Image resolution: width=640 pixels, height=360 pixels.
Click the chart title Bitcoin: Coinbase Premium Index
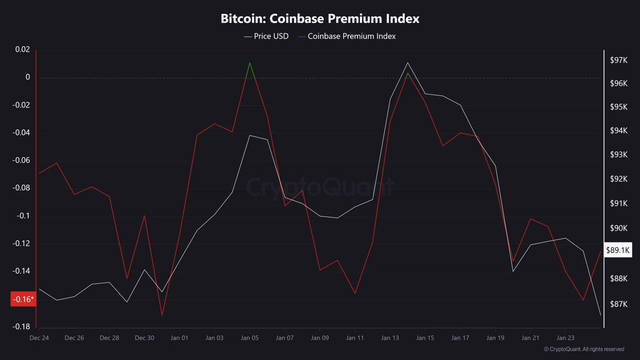pos(320,19)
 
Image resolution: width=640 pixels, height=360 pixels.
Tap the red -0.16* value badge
pos(23,299)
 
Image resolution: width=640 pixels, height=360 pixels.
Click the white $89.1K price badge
pos(618,250)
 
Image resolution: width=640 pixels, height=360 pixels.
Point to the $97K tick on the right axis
pos(618,60)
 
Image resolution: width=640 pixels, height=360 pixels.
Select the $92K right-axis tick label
pos(618,179)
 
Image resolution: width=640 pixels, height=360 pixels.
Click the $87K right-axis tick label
pos(618,304)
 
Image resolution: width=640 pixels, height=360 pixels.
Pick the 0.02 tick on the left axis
pos(22,49)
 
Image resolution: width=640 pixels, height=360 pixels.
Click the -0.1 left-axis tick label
pos(23,216)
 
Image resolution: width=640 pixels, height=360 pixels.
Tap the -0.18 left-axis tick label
pos(21,327)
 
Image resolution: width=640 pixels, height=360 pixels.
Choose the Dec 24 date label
pos(39,338)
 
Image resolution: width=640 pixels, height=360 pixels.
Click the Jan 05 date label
pos(250,338)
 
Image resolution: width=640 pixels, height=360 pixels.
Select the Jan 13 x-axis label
pos(390,338)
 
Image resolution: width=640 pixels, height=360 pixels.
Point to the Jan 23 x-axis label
pos(565,338)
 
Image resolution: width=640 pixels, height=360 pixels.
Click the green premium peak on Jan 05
pos(250,63)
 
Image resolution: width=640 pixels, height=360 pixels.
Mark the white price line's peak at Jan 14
pos(407,63)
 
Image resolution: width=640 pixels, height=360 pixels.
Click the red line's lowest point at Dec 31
pos(162,315)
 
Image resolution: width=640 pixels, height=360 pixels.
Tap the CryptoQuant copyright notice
pos(584,349)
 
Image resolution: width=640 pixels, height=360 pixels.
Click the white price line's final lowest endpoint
pos(600,315)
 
